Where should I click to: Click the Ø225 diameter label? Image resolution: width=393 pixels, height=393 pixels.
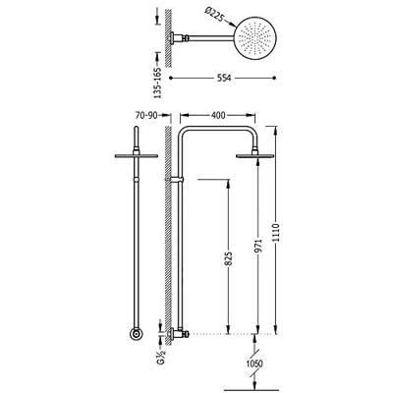tap(215, 15)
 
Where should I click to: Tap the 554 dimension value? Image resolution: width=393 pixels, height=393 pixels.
tap(225, 78)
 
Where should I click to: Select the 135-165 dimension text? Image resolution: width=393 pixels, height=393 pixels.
tap(157, 83)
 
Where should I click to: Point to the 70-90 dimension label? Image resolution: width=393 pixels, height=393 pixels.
tap(146, 115)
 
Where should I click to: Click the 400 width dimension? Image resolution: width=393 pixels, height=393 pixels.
tap(218, 115)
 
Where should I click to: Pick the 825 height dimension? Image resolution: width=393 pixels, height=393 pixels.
tap(228, 258)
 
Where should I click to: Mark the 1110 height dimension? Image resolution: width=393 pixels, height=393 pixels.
tap(276, 233)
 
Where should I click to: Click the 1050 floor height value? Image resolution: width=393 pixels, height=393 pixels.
tap(255, 364)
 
